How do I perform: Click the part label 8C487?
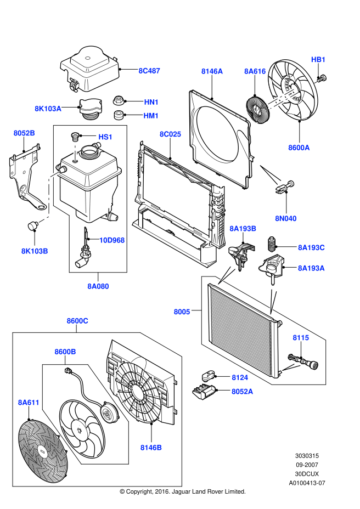click(x=149, y=71)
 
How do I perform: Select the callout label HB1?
click(x=318, y=59)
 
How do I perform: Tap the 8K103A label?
click(x=48, y=109)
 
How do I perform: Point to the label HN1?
click(x=151, y=102)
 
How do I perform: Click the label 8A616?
click(x=255, y=71)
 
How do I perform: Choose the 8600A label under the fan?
click(x=299, y=148)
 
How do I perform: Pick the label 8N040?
click(x=286, y=218)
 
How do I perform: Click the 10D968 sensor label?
click(x=112, y=240)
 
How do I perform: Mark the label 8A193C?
click(x=311, y=247)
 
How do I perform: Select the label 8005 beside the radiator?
click(x=182, y=312)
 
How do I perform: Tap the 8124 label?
click(x=239, y=377)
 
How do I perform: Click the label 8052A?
click(x=242, y=391)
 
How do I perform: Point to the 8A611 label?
click(x=29, y=402)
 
